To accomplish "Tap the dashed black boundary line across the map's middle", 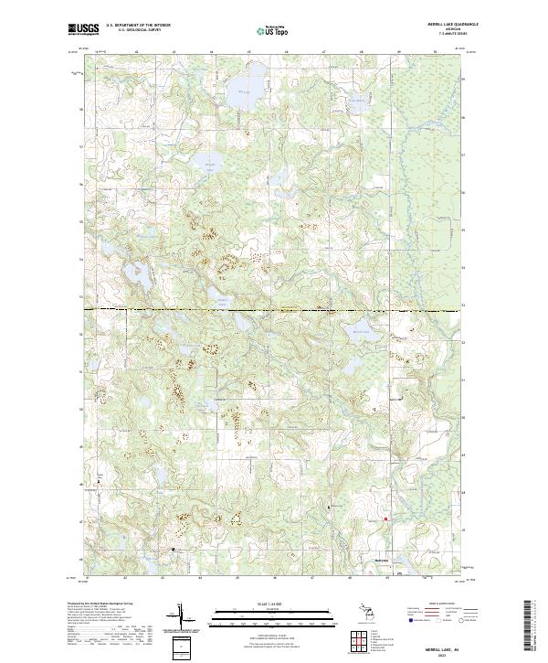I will [x=274, y=310].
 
